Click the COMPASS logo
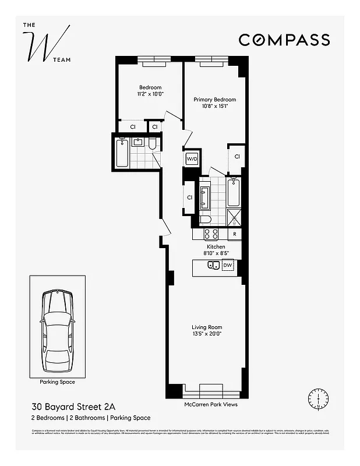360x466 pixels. [284, 40]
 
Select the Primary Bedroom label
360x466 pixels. [214, 100]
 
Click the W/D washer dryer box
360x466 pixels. [192, 159]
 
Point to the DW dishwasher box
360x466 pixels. [227, 265]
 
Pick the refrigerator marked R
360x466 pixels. [234, 234]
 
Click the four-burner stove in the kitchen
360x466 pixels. [211, 234]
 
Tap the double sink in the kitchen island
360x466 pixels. [213, 266]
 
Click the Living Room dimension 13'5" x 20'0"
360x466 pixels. [207, 334]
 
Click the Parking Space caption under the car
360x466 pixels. [57, 382]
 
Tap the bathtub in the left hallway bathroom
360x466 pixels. [122, 153]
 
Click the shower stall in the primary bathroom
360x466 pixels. [234, 217]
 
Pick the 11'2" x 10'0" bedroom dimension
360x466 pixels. [150, 94]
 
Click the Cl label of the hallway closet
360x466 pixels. [190, 197]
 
